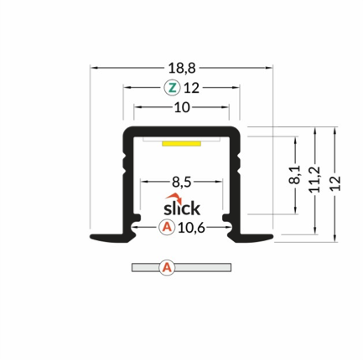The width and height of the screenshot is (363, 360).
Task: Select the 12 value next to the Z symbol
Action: coord(190,87)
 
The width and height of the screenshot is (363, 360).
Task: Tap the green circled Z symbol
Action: coord(170,87)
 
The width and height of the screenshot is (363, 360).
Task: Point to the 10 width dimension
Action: coord(182,107)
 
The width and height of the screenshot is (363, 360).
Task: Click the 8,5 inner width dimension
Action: coord(182,180)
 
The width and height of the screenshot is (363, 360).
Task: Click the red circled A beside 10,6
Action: coord(167,226)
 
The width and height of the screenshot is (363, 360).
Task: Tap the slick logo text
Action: coord(181,206)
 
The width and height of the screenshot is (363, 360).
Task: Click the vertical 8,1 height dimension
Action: coord(293,176)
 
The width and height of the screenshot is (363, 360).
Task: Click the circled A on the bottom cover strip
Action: coord(167,268)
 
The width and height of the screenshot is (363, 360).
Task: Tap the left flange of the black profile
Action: coord(109,239)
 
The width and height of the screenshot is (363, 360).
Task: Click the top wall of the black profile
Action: coord(182,132)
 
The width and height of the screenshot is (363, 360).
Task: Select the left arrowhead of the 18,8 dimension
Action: coord(93,65)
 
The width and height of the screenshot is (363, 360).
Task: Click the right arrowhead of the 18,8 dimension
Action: coord(270,65)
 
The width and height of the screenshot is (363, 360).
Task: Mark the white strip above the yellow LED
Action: coord(182,139)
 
